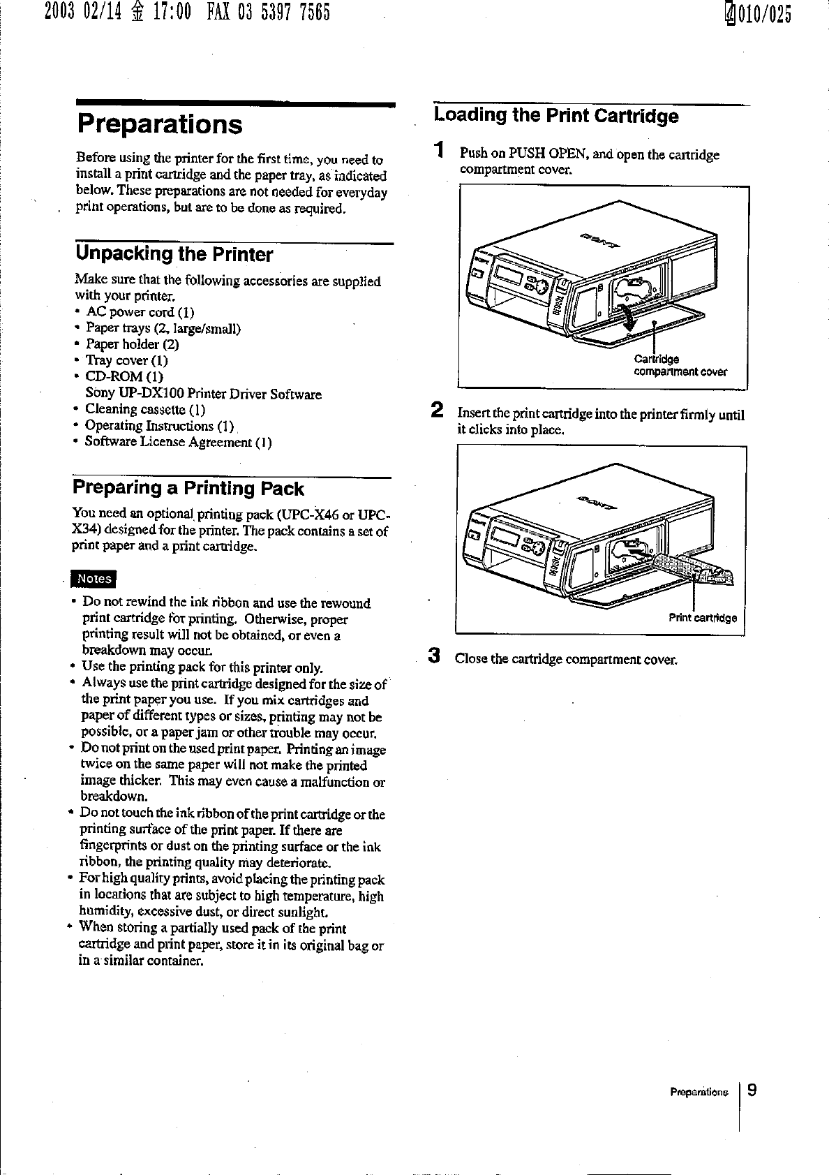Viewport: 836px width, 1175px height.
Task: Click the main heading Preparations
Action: (x=160, y=125)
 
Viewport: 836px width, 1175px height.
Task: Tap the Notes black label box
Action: (x=94, y=579)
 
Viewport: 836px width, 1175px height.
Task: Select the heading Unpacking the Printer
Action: (x=174, y=254)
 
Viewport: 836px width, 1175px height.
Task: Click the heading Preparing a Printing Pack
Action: (x=188, y=488)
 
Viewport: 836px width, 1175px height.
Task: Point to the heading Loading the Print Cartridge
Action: (x=555, y=116)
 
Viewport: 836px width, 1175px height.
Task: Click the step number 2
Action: (x=437, y=409)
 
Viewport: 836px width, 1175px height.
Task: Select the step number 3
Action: (x=435, y=656)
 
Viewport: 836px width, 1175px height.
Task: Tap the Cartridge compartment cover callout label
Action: (x=679, y=366)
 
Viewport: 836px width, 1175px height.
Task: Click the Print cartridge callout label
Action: (x=702, y=618)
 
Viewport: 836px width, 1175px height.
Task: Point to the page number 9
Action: (x=752, y=1090)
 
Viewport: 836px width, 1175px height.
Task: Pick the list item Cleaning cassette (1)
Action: (x=145, y=410)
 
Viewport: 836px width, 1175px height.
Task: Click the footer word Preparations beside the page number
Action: (x=699, y=1092)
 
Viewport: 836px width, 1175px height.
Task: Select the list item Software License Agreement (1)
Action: (x=178, y=442)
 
